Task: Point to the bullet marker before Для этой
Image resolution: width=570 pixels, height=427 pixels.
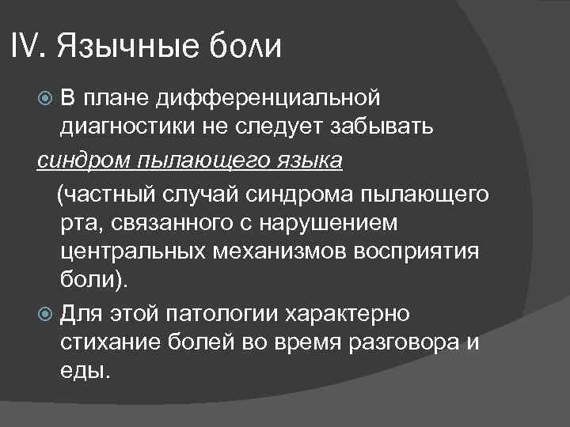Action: (45, 313)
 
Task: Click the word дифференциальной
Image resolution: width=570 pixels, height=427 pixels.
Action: (268, 98)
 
